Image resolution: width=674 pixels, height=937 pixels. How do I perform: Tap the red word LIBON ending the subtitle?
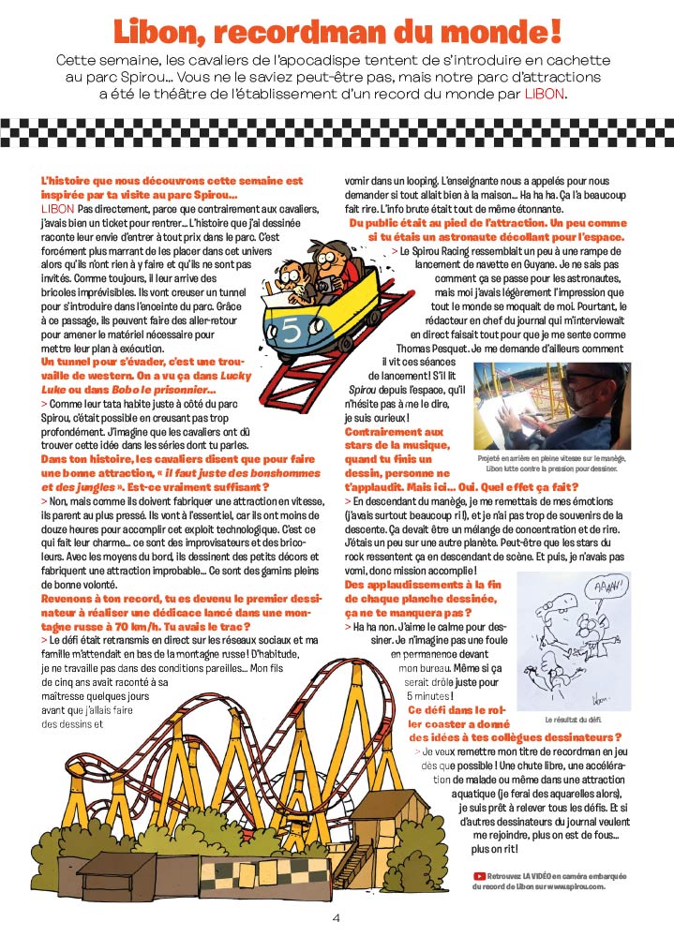[x=546, y=94]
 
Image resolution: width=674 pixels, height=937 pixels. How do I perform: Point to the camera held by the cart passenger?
[x=320, y=287]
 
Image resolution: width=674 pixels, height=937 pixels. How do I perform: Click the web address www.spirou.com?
[x=576, y=885]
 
